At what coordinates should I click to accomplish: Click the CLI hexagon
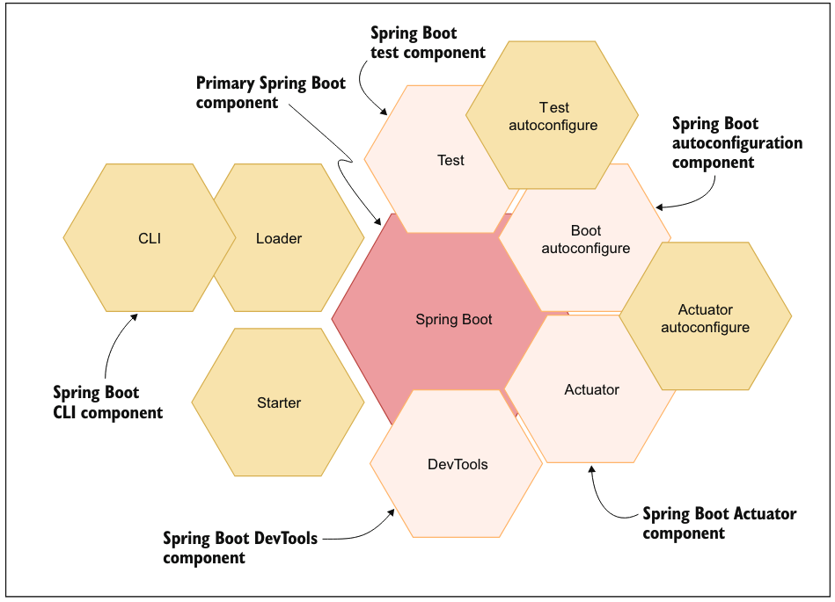(150, 237)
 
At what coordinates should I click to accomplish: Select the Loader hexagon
(279, 238)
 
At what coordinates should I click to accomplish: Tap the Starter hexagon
(279, 403)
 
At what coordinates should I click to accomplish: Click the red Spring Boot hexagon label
(454, 320)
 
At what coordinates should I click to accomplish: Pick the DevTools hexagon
(457, 465)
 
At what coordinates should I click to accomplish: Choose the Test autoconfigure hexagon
(553, 116)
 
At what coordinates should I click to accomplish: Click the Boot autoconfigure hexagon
(585, 239)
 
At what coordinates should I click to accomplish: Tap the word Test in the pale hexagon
(450, 160)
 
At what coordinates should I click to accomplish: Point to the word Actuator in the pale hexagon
(591, 389)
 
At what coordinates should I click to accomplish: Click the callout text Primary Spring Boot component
(270, 92)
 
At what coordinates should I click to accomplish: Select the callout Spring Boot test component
(428, 43)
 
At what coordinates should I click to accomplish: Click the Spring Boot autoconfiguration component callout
(736, 142)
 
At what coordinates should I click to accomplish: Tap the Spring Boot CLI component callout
(107, 403)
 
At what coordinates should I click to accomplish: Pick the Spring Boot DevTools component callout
(239, 547)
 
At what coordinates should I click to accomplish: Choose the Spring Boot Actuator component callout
(719, 523)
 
